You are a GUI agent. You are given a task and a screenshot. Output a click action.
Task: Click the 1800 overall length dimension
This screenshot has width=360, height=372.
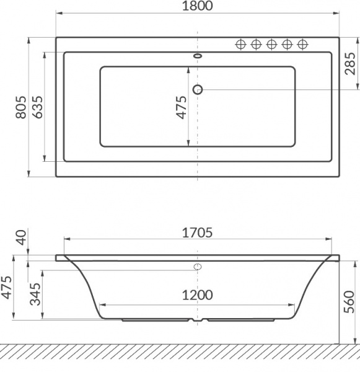(197, 7)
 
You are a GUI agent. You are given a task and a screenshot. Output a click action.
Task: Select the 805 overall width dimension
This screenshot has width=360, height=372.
(20, 108)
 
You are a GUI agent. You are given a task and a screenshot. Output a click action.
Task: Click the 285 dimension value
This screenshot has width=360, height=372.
(351, 63)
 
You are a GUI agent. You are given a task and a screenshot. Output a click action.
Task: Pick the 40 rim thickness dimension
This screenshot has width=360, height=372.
(20, 237)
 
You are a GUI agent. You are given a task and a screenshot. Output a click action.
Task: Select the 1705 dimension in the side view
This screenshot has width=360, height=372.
(197, 233)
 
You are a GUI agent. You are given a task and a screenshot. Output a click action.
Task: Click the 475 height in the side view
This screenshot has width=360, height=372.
(6, 288)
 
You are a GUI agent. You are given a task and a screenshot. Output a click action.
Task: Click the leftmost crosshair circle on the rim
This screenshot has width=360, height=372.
(240, 44)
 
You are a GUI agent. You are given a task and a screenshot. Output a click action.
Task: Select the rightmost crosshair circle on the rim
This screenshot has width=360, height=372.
(303, 44)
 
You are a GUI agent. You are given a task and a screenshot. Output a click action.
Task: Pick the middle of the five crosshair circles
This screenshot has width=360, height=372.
(271, 44)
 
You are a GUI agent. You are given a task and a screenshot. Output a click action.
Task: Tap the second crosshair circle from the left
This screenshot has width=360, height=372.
(256, 44)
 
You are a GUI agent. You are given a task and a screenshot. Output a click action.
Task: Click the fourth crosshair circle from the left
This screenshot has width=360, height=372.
(288, 44)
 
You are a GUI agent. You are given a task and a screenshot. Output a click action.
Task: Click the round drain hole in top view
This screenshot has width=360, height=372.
(198, 89)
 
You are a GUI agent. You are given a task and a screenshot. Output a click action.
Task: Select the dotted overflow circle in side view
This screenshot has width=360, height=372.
(198, 267)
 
